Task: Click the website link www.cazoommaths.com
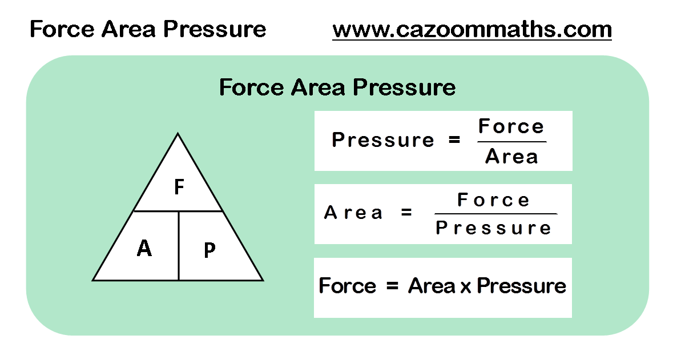(x=472, y=30)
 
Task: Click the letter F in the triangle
(x=179, y=187)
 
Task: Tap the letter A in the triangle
(x=144, y=248)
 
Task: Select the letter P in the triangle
(x=209, y=250)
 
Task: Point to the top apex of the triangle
(x=178, y=133)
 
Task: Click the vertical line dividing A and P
(x=179, y=246)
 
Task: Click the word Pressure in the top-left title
(x=215, y=30)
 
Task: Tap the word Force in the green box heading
(x=252, y=87)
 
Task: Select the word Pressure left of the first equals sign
(x=383, y=140)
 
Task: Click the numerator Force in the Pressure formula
(x=511, y=126)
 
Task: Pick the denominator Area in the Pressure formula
(x=511, y=157)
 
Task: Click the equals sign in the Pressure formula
(x=454, y=140)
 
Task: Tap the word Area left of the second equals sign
(x=353, y=213)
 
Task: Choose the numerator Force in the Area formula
(x=494, y=200)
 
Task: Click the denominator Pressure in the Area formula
(x=493, y=228)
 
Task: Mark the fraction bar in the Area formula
(x=495, y=214)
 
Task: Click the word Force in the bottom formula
(x=348, y=286)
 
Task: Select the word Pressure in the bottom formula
(x=522, y=286)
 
